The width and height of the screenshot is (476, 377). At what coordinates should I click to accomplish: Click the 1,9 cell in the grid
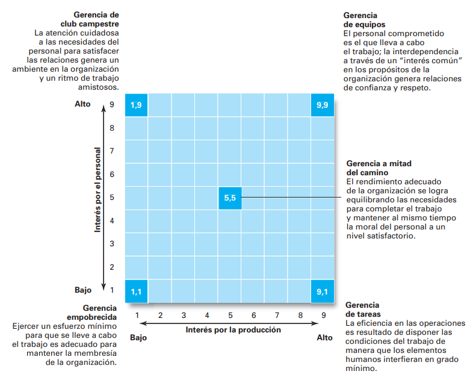click(136, 105)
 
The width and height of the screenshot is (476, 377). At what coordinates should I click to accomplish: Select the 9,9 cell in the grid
click(322, 105)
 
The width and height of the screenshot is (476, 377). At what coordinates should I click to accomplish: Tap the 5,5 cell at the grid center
click(229, 198)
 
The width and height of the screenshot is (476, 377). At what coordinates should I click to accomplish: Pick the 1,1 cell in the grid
click(136, 291)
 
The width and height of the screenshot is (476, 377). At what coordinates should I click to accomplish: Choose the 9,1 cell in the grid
click(322, 291)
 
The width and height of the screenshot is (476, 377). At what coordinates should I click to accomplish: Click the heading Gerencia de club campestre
click(96, 19)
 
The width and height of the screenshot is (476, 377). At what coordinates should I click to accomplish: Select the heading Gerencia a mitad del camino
click(379, 168)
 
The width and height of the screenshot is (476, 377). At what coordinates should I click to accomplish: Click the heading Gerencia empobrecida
click(96, 312)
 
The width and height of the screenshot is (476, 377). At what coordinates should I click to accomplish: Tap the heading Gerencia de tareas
click(362, 310)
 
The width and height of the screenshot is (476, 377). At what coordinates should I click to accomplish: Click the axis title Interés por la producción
click(233, 329)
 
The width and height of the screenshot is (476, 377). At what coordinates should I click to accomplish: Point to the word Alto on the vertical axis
click(82, 104)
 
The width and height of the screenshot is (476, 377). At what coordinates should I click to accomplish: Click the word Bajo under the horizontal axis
click(138, 338)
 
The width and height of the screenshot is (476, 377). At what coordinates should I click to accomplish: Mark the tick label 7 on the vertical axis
click(111, 151)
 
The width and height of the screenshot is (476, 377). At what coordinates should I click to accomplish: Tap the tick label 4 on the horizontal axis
click(207, 315)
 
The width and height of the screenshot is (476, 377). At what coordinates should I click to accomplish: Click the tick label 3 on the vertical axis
click(111, 244)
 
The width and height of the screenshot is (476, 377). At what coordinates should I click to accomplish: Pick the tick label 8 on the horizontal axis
click(300, 315)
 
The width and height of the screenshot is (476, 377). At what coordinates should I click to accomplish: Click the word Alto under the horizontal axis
click(324, 338)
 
